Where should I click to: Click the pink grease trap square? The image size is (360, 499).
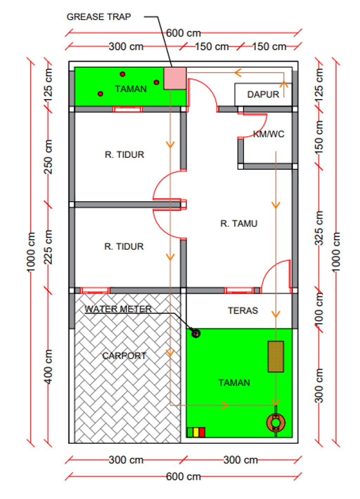click(175, 78)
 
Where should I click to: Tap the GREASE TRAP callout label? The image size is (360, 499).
click(98, 17)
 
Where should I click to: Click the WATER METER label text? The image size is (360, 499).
click(118, 309)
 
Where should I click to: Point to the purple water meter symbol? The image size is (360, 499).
click(196, 333)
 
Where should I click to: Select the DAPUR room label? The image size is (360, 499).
click(263, 94)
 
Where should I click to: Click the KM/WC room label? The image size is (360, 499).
click(269, 134)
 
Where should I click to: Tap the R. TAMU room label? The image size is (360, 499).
click(239, 223)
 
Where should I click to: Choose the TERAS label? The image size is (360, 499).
click(243, 310)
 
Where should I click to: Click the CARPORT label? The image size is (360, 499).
click(124, 355)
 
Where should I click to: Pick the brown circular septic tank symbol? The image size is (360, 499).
click(276, 423)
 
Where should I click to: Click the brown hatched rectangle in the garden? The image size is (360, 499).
click(276, 356)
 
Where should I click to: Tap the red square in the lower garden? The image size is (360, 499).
click(202, 432)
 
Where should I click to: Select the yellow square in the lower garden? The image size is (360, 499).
click(196, 432)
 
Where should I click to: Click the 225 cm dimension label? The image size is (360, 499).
click(48, 247)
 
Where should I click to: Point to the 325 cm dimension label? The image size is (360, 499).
click(319, 228)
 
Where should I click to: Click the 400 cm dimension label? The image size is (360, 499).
click(48, 367)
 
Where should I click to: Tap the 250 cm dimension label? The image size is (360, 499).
click(48, 157)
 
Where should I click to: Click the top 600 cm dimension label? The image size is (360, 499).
click(183, 33)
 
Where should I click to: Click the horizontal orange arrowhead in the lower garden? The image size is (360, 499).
click(225, 405)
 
